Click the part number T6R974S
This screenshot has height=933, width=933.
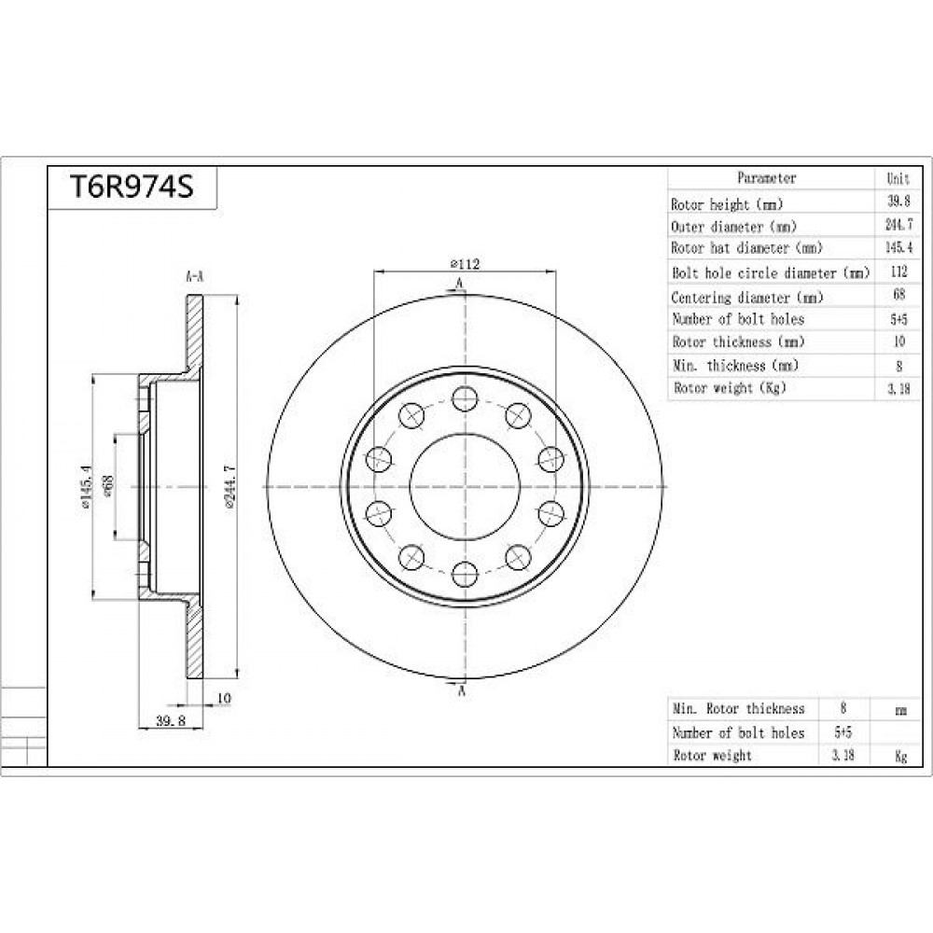132,187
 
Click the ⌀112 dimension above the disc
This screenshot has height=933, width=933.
466,264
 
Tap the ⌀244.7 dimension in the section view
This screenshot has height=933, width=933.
230,485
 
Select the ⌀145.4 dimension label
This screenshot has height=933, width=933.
86,486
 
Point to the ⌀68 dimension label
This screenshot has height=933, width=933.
109,485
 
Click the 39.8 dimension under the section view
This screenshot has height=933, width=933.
171,720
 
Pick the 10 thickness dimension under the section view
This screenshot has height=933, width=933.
224,697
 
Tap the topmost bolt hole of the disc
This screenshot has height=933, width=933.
465,398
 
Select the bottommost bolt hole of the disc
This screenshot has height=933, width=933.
465,574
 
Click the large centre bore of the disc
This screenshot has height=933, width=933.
465,486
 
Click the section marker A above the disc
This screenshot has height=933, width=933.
459,284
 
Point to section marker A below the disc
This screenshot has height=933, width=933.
461,690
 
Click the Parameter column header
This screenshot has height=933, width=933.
766,178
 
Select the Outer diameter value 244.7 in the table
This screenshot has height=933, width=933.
898,225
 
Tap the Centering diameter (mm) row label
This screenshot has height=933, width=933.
746,297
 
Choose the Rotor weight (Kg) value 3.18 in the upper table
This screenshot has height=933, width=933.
898,389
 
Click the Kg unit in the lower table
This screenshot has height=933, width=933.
901,757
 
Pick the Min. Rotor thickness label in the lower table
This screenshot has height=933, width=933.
738,709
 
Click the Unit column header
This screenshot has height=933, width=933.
898,178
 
